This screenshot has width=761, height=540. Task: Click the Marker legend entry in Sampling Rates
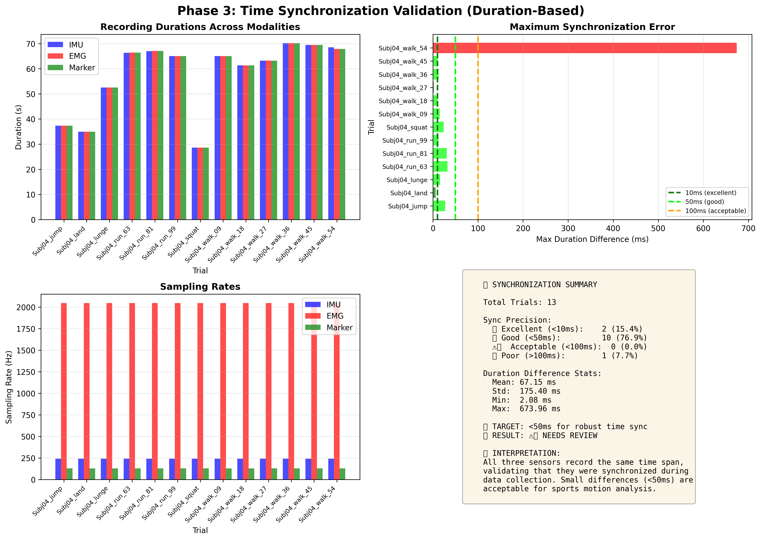(339, 328)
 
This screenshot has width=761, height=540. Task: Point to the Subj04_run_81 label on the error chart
(405, 154)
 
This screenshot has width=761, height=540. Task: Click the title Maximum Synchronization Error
(592, 27)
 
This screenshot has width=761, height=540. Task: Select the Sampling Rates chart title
(200, 287)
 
